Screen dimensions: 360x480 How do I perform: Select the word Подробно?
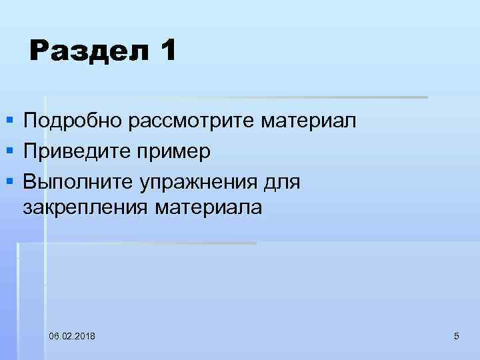coord(73,121)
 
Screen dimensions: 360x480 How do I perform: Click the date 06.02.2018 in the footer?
coord(72,335)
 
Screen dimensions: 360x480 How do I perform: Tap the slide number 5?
coord(456,335)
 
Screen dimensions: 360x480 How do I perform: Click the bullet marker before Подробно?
coord(9,121)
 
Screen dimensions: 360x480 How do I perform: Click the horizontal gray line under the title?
coord(267,97)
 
